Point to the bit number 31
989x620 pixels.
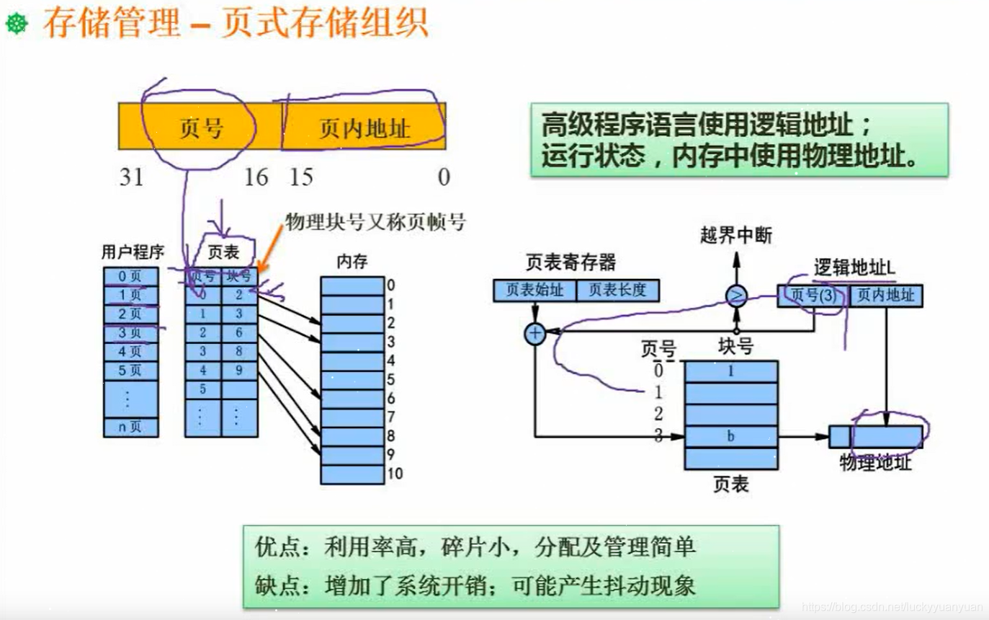[x=132, y=177]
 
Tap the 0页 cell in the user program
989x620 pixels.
[x=130, y=276]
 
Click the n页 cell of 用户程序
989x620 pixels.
[x=130, y=427]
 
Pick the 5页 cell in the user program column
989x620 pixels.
[x=130, y=371]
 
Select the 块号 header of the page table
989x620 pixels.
[x=239, y=276]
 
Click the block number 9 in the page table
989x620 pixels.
[x=239, y=371]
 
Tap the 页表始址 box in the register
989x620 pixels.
[x=534, y=291]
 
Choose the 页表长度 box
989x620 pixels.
[x=617, y=291]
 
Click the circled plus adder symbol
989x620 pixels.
[x=534, y=333]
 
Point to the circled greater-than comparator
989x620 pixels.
[x=736, y=296]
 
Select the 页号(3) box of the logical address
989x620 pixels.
[x=813, y=296]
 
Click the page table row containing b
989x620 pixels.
[x=731, y=436]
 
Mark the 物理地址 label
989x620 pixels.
[x=875, y=463]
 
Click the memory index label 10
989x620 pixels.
[x=395, y=474]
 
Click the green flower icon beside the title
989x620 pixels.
[x=17, y=24]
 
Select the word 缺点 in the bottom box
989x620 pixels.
[x=274, y=585]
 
